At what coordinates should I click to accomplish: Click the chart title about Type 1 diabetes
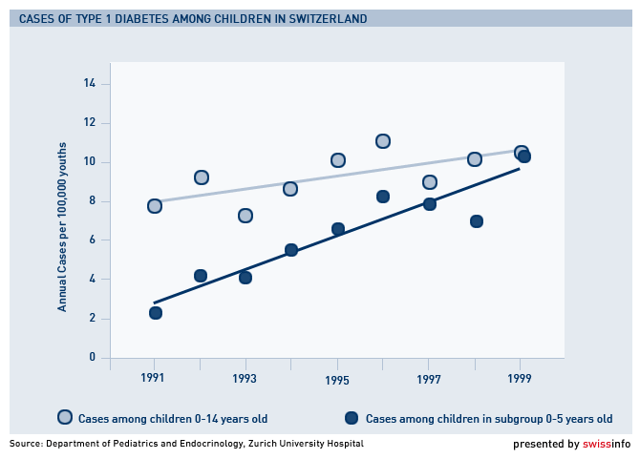coord(192,19)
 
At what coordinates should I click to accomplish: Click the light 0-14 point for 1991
coord(155,205)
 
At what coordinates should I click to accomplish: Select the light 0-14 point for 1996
coord(383,141)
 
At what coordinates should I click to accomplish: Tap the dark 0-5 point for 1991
coord(156,313)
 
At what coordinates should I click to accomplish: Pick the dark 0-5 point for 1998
coord(477,221)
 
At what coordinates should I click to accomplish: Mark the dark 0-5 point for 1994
coord(291,250)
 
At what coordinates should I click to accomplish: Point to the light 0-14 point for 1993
coord(245,216)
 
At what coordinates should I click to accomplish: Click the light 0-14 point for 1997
coord(430,182)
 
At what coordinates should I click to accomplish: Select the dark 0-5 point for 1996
coord(383,197)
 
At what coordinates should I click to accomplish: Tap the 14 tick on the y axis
coord(90,84)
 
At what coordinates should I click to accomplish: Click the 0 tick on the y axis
coord(93,358)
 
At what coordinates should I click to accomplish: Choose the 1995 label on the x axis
coord(337,379)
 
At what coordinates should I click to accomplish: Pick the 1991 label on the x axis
coord(154,378)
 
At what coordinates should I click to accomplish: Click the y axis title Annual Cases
coord(63,229)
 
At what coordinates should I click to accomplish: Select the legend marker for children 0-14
coord(65,417)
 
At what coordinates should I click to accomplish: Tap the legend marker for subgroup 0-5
coord(352,417)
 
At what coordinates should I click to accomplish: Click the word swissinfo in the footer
coord(607,444)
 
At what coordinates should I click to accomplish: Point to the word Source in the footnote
coord(28,444)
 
